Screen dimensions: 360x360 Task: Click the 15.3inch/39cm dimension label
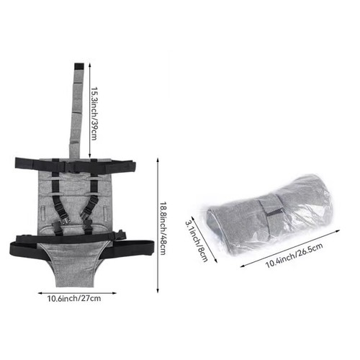[x=94, y=113]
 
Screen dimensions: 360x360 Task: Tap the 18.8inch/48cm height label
[x=163, y=228]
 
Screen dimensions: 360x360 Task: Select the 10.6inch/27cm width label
[x=74, y=299]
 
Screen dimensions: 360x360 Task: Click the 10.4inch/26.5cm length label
[x=294, y=256]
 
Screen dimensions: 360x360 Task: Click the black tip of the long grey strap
[x=79, y=66]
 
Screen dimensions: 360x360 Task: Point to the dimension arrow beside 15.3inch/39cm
[x=89, y=110]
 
